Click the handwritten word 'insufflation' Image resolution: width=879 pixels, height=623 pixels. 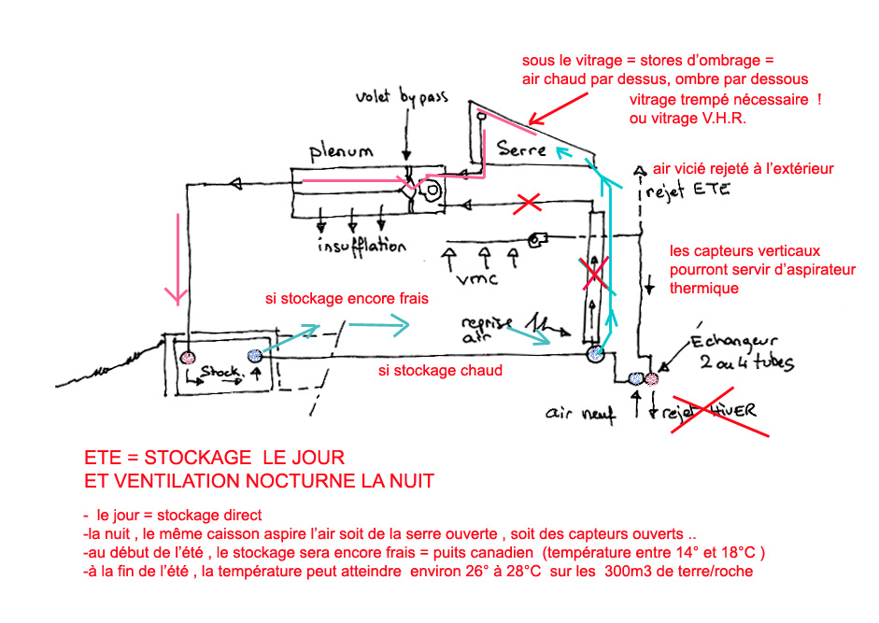(x=361, y=248)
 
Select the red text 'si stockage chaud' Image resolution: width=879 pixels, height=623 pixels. (x=440, y=371)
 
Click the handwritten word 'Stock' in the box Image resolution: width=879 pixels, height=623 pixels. (x=217, y=372)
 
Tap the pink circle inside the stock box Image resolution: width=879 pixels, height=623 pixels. (x=186, y=357)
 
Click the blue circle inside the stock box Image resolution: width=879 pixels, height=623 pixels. (x=252, y=356)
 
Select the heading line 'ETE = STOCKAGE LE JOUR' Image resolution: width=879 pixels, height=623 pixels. (x=214, y=459)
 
